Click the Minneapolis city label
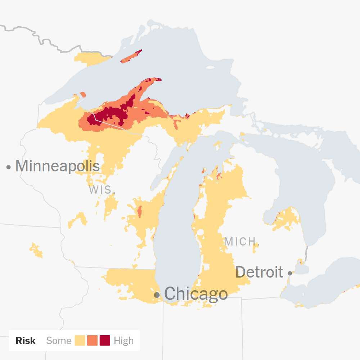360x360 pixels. (x=57, y=166)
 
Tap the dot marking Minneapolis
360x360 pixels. (x=8, y=167)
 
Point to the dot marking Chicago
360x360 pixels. (x=157, y=295)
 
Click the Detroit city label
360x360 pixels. (x=259, y=272)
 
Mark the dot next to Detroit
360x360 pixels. (x=290, y=273)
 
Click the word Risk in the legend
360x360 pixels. (x=26, y=341)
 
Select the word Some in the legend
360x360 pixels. (x=59, y=341)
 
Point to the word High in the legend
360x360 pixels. (x=123, y=341)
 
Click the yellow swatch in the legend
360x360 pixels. (x=80, y=341)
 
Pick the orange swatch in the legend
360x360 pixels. (x=93, y=341)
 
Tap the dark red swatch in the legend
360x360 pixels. (x=105, y=341)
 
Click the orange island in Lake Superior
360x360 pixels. (x=131, y=57)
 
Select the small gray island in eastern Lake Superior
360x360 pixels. (x=211, y=67)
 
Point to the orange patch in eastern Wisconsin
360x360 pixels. (x=140, y=211)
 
